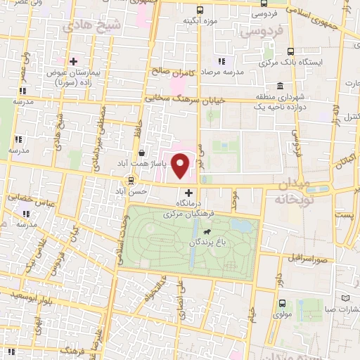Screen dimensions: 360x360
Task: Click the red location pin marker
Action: (181, 167)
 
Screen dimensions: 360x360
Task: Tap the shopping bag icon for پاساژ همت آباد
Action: (142, 152)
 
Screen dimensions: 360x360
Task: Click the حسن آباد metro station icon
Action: (130, 179)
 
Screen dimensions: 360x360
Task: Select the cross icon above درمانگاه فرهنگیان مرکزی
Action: (188, 192)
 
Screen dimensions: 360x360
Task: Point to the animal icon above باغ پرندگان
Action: (207, 233)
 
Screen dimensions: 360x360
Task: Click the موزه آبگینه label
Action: (198, 20)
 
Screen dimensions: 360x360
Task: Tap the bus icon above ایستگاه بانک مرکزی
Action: (290, 51)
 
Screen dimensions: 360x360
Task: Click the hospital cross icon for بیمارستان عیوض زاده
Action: (73, 61)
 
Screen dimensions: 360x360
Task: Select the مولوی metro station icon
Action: (283, 304)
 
